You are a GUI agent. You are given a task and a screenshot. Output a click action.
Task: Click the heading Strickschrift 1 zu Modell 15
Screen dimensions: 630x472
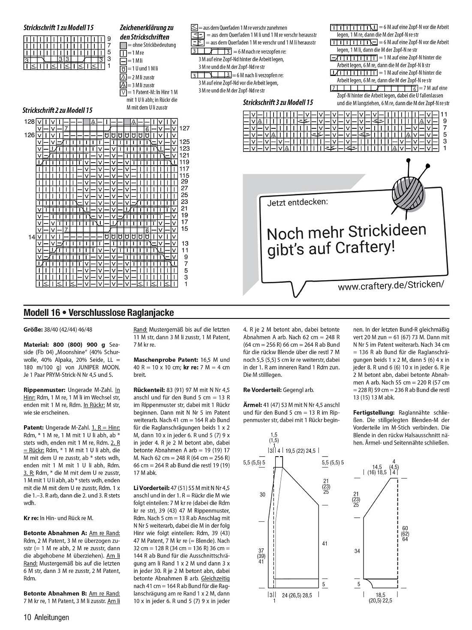coord(59,27)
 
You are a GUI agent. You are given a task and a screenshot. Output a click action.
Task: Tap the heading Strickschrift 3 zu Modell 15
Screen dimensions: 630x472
coord(278,103)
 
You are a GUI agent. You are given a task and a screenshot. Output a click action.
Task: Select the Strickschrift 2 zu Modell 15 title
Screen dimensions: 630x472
coord(57,110)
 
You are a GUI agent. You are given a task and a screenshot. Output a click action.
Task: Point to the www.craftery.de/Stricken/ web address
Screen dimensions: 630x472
coord(391,285)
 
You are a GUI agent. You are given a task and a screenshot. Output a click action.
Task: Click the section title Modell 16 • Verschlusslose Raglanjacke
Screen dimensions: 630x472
coord(99,313)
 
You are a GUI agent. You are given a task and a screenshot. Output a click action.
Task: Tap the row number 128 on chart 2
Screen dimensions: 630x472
coord(29,121)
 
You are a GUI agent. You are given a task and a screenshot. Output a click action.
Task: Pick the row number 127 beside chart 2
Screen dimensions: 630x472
coord(184,128)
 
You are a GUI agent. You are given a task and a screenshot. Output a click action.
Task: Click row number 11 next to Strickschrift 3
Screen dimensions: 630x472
coord(444,114)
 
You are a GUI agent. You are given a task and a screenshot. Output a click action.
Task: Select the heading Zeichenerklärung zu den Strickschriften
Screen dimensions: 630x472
coord(147,32)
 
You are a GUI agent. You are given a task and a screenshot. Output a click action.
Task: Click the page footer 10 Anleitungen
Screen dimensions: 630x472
coord(46,618)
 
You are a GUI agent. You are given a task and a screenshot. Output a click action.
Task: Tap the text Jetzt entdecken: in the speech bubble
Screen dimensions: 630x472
coord(298,202)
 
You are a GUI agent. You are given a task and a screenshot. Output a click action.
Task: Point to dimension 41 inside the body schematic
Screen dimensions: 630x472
coord(325,543)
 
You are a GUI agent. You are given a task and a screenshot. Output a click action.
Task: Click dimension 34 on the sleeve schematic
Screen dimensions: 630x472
coord(357,551)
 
